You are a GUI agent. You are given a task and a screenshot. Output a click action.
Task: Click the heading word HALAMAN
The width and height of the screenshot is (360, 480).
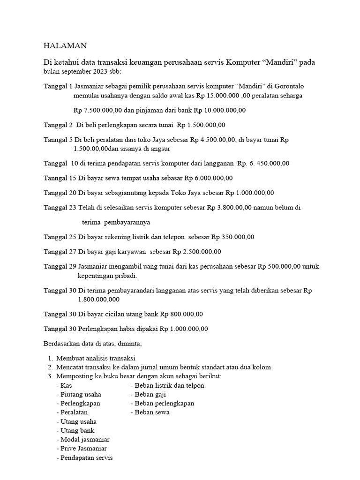coord(65,45)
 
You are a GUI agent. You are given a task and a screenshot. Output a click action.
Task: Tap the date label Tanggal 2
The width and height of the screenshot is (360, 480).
coord(58,125)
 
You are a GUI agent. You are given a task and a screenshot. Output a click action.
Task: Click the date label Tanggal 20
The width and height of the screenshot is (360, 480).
coord(60,193)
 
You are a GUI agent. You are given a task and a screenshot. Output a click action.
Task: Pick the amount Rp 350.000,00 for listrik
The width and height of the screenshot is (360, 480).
coord(233,237)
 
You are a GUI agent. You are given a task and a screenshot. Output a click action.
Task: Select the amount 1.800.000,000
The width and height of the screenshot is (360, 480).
coord(99,299)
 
